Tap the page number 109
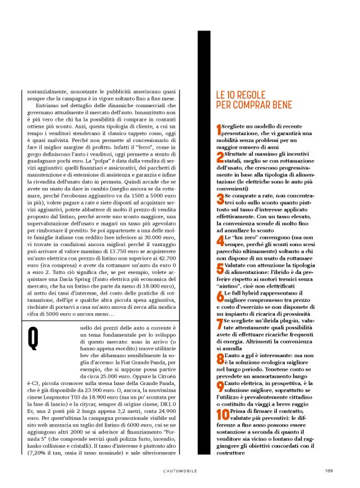(329, 471)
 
